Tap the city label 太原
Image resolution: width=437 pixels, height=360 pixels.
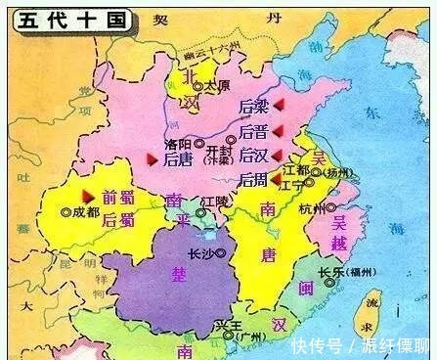(x=216, y=85)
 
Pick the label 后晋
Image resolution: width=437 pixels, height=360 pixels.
(x=253, y=130)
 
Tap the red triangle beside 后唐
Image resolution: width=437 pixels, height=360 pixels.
(x=152, y=157)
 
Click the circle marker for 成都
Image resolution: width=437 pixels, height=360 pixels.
(x=66, y=210)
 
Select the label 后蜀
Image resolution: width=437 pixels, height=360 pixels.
(x=118, y=219)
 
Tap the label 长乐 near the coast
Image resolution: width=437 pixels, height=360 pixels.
(x=330, y=273)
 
